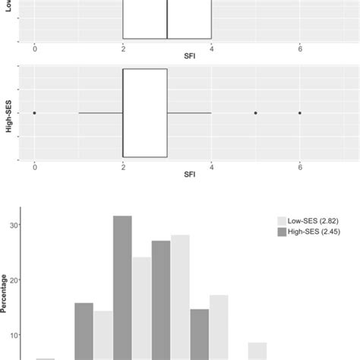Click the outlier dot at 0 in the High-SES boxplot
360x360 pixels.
coord(35,113)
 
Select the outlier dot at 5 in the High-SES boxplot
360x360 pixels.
coord(256,113)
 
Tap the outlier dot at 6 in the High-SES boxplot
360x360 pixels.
coord(300,113)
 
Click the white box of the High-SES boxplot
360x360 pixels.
coord(144,113)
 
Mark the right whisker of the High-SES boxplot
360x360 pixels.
coord(189,113)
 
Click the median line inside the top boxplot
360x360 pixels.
coord(167,19)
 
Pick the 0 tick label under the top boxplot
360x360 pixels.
coord(35,48)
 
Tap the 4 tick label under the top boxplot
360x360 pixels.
coord(212,48)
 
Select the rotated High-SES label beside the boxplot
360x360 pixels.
coord(8,114)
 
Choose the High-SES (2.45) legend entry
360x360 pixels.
coord(310,231)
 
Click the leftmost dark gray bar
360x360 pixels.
coord(84,330)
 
